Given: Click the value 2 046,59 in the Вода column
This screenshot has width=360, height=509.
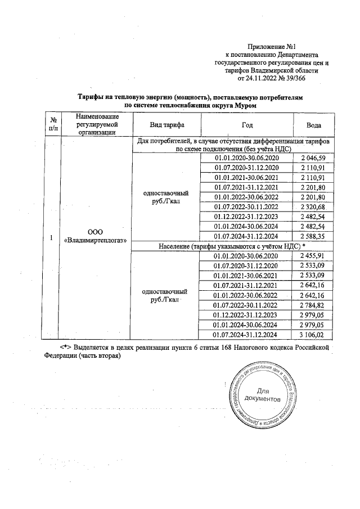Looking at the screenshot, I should [314, 158].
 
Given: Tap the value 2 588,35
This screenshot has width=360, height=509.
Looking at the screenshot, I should [314, 236].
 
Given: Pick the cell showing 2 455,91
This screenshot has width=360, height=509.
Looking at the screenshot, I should [314, 256].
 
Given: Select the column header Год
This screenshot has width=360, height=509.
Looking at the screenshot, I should [247, 124].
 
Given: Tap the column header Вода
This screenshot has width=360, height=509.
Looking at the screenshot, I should [314, 124].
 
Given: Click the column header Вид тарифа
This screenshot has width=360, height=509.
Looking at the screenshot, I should [166, 124].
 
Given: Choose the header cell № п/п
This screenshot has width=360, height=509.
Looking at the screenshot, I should [52, 124].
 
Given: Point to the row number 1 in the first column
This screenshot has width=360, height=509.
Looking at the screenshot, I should [52, 238].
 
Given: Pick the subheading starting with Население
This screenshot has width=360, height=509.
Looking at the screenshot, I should [233, 246].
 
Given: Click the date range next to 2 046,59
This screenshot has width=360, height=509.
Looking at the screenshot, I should [247, 158].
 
